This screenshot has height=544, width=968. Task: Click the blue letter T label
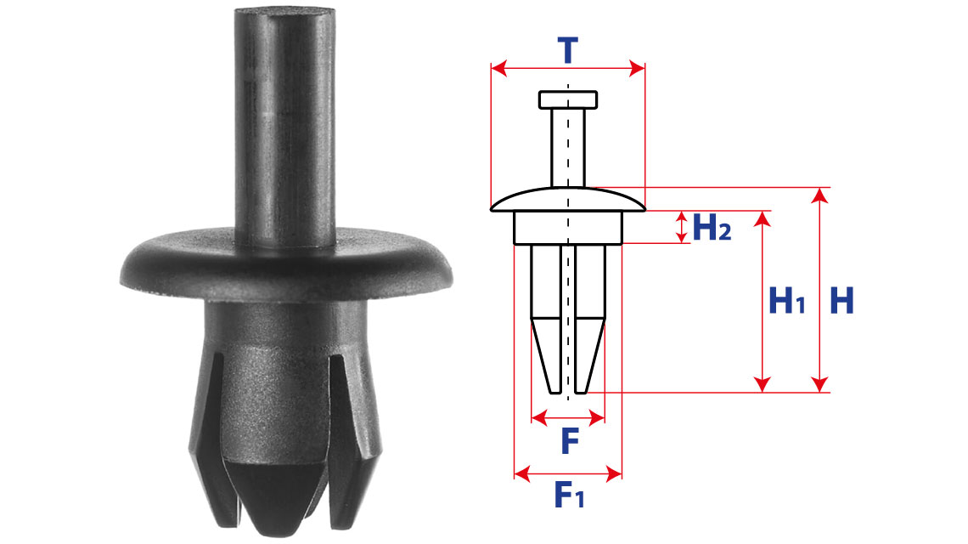[x=568, y=50]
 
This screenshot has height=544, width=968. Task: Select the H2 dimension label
[x=712, y=227]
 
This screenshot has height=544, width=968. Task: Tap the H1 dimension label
[x=786, y=300]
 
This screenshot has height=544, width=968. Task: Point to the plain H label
[x=841, y=300]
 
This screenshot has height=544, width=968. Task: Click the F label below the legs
[x=570, y=441]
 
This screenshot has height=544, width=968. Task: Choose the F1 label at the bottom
[x=569, y=494]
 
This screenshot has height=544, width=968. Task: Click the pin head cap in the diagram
[x=568, y=99]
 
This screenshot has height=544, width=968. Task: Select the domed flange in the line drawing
[x=568, y=200]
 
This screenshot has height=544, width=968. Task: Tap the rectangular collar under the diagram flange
[x=568, y=228]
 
